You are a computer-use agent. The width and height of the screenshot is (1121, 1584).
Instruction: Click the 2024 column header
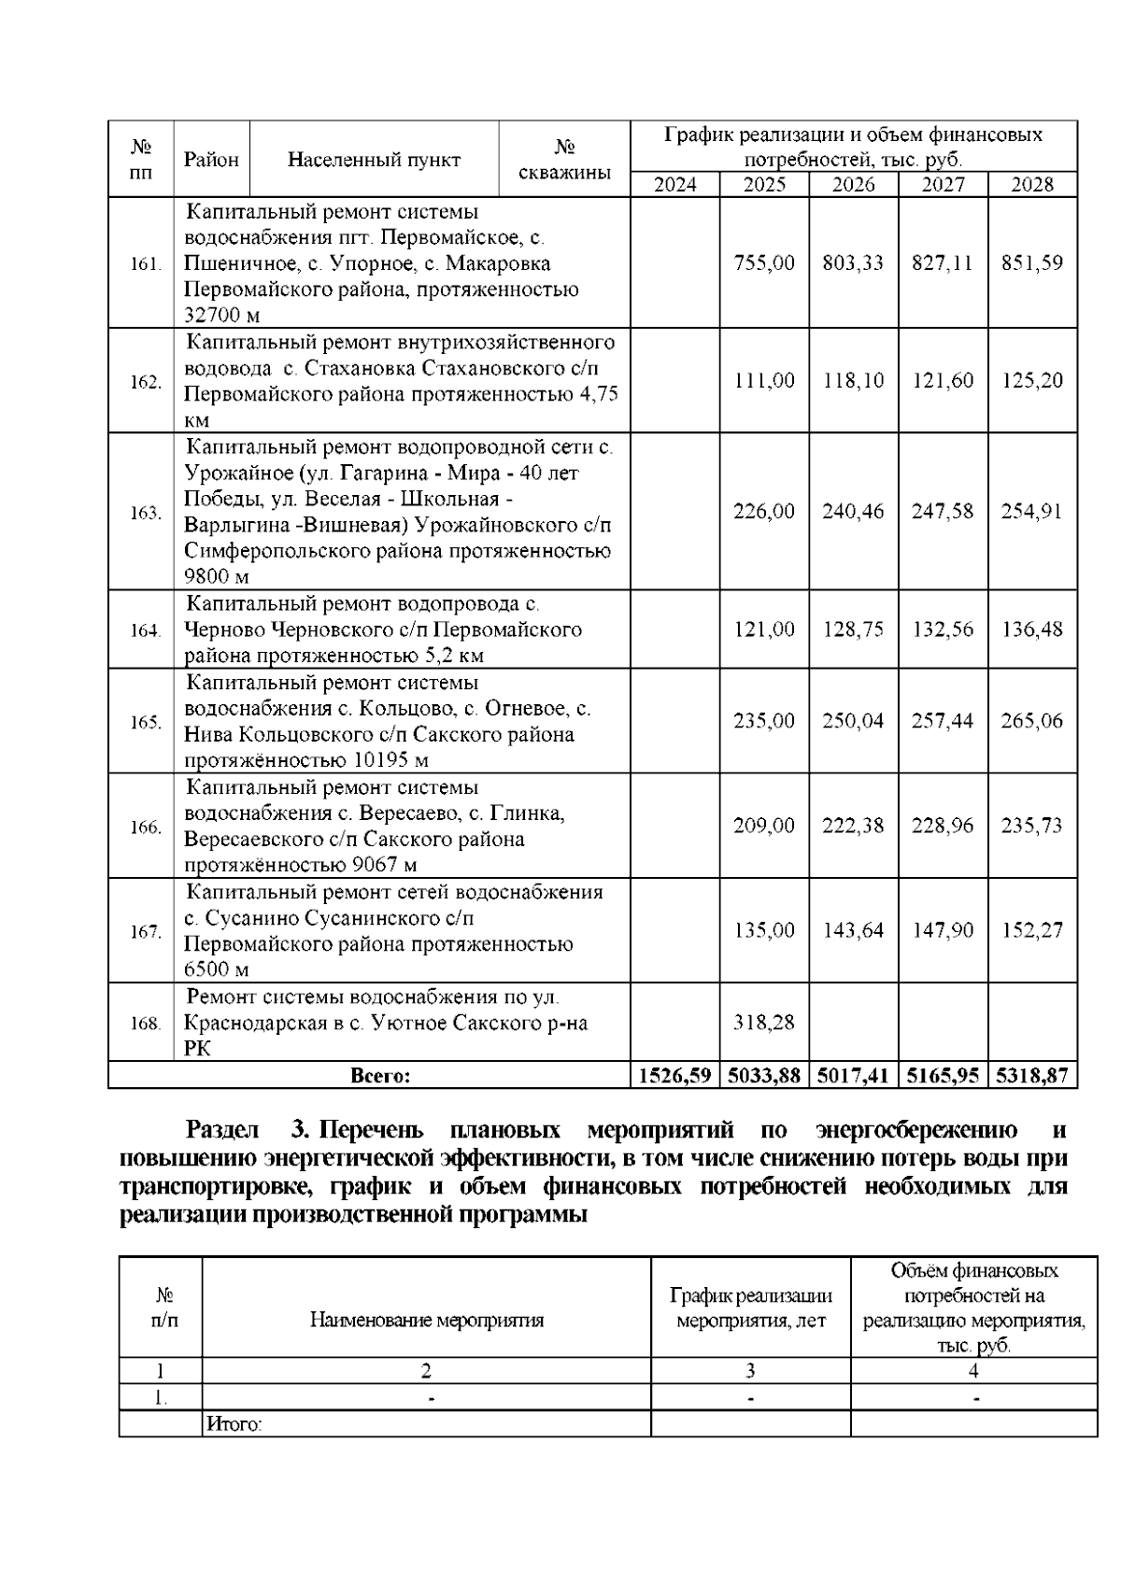tap(674, 184)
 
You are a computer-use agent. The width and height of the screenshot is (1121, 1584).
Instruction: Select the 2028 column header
tap(1032, 184)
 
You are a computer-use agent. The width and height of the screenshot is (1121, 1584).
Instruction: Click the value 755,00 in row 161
tap(764, 263)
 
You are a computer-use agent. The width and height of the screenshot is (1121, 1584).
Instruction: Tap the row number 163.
tap(146, 513)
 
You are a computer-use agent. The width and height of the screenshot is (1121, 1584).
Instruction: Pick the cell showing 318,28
tap(764, 1022)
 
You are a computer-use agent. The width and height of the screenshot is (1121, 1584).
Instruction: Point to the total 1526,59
tap(674, 1076)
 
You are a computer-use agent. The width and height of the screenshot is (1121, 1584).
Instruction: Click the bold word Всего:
tap(380, 1076)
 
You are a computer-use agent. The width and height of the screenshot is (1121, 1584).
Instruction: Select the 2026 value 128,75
tap(853, 629)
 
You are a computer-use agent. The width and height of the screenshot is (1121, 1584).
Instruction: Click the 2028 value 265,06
tap(1032, 721)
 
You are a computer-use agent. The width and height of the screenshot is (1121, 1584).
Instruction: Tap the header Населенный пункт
tap(375, 160)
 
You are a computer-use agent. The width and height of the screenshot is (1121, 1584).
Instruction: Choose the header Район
tap(211, 160)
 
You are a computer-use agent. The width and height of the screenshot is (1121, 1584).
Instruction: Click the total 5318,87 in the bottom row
tap(1032, 1076)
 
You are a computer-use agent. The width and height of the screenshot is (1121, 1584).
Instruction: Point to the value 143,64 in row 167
tap(853, 930)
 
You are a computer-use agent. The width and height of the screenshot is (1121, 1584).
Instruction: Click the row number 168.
tap(146, 1023)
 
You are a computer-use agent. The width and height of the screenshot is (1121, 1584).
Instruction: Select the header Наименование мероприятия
tap(427, 1321)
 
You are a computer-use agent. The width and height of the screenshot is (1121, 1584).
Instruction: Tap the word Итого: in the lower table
tap(234, 1425)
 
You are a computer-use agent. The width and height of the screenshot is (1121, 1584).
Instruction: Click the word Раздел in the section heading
tap(222, 1131)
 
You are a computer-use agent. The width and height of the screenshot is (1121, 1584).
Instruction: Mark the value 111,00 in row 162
tap(764, 381)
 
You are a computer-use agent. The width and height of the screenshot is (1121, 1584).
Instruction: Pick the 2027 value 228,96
tap(943, 826)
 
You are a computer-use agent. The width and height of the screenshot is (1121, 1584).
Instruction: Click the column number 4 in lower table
tap(973, 1371)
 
